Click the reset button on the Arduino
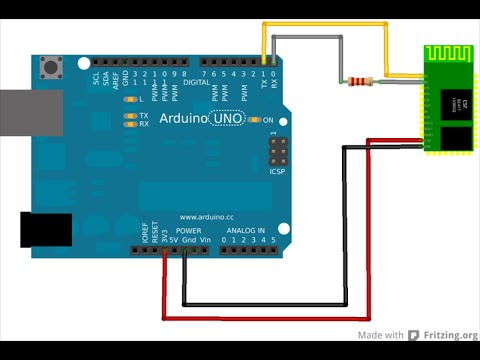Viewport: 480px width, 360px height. click(49, 69)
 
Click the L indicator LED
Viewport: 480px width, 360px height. click(129, 100)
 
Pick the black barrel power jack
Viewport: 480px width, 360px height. click(45, 230)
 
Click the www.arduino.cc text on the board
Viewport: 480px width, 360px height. click(207, 216)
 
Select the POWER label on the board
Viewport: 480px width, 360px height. click(175, 231)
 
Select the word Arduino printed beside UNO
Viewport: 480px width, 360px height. click(184, 119)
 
